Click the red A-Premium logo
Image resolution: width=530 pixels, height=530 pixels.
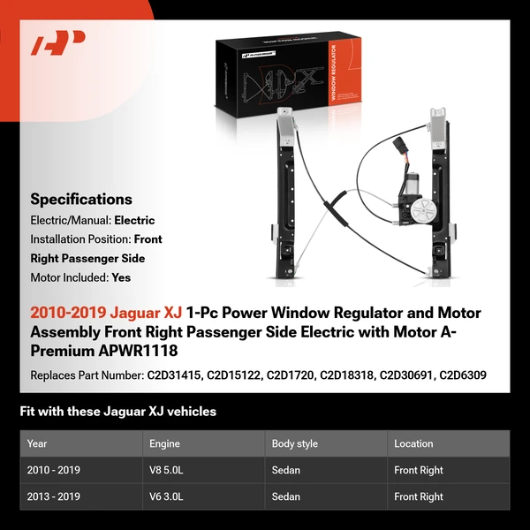(x=58, y=42)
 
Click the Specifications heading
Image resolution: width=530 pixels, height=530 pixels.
(x=81, y=200)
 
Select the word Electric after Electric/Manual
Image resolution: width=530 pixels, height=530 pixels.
(x=135, y=220)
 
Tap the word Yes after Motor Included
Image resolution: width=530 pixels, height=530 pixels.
(x=122, y=276)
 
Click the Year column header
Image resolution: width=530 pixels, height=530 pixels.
(x=37, y=443)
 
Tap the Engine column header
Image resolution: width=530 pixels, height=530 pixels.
(x=165, y=443)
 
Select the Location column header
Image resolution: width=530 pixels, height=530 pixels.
(x=413, y=443)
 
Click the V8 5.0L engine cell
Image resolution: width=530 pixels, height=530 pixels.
(x=167, y=470)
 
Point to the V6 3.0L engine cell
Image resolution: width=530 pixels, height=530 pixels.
(x=167, y=496)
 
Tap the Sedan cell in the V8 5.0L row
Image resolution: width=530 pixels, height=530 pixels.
(x=286, y=470)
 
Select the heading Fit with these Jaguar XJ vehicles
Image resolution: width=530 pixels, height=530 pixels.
(x=117, y=412)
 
